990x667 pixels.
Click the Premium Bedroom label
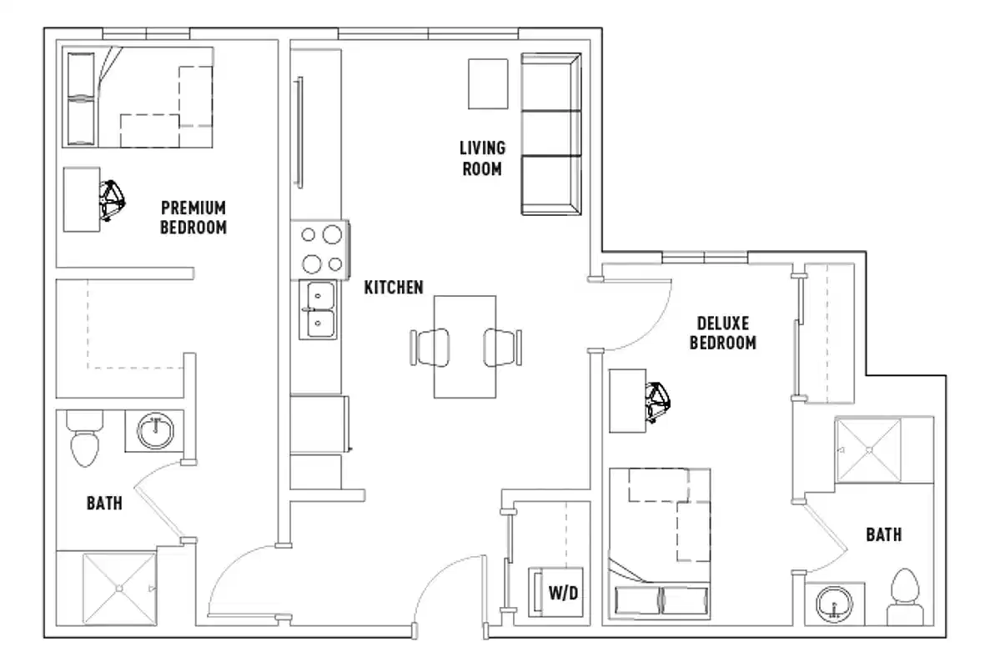pos(193,217)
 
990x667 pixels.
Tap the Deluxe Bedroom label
pos(722,332)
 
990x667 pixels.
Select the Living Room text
pos(482,158)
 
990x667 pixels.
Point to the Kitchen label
pos(394,288)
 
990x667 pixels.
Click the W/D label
pos(563,593)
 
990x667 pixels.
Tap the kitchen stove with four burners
pos(321,249)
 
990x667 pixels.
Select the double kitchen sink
pos(320,309)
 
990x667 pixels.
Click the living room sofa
pos(550,133)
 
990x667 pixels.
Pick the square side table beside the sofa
pos(487,83)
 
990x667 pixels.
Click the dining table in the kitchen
pos(465,346)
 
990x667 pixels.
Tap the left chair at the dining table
pos(430,346)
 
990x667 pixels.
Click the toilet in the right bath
pos(905,596)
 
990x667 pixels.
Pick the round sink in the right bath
pos(832,604)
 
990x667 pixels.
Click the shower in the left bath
pos(118,589)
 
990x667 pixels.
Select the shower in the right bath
pos(870,450)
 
